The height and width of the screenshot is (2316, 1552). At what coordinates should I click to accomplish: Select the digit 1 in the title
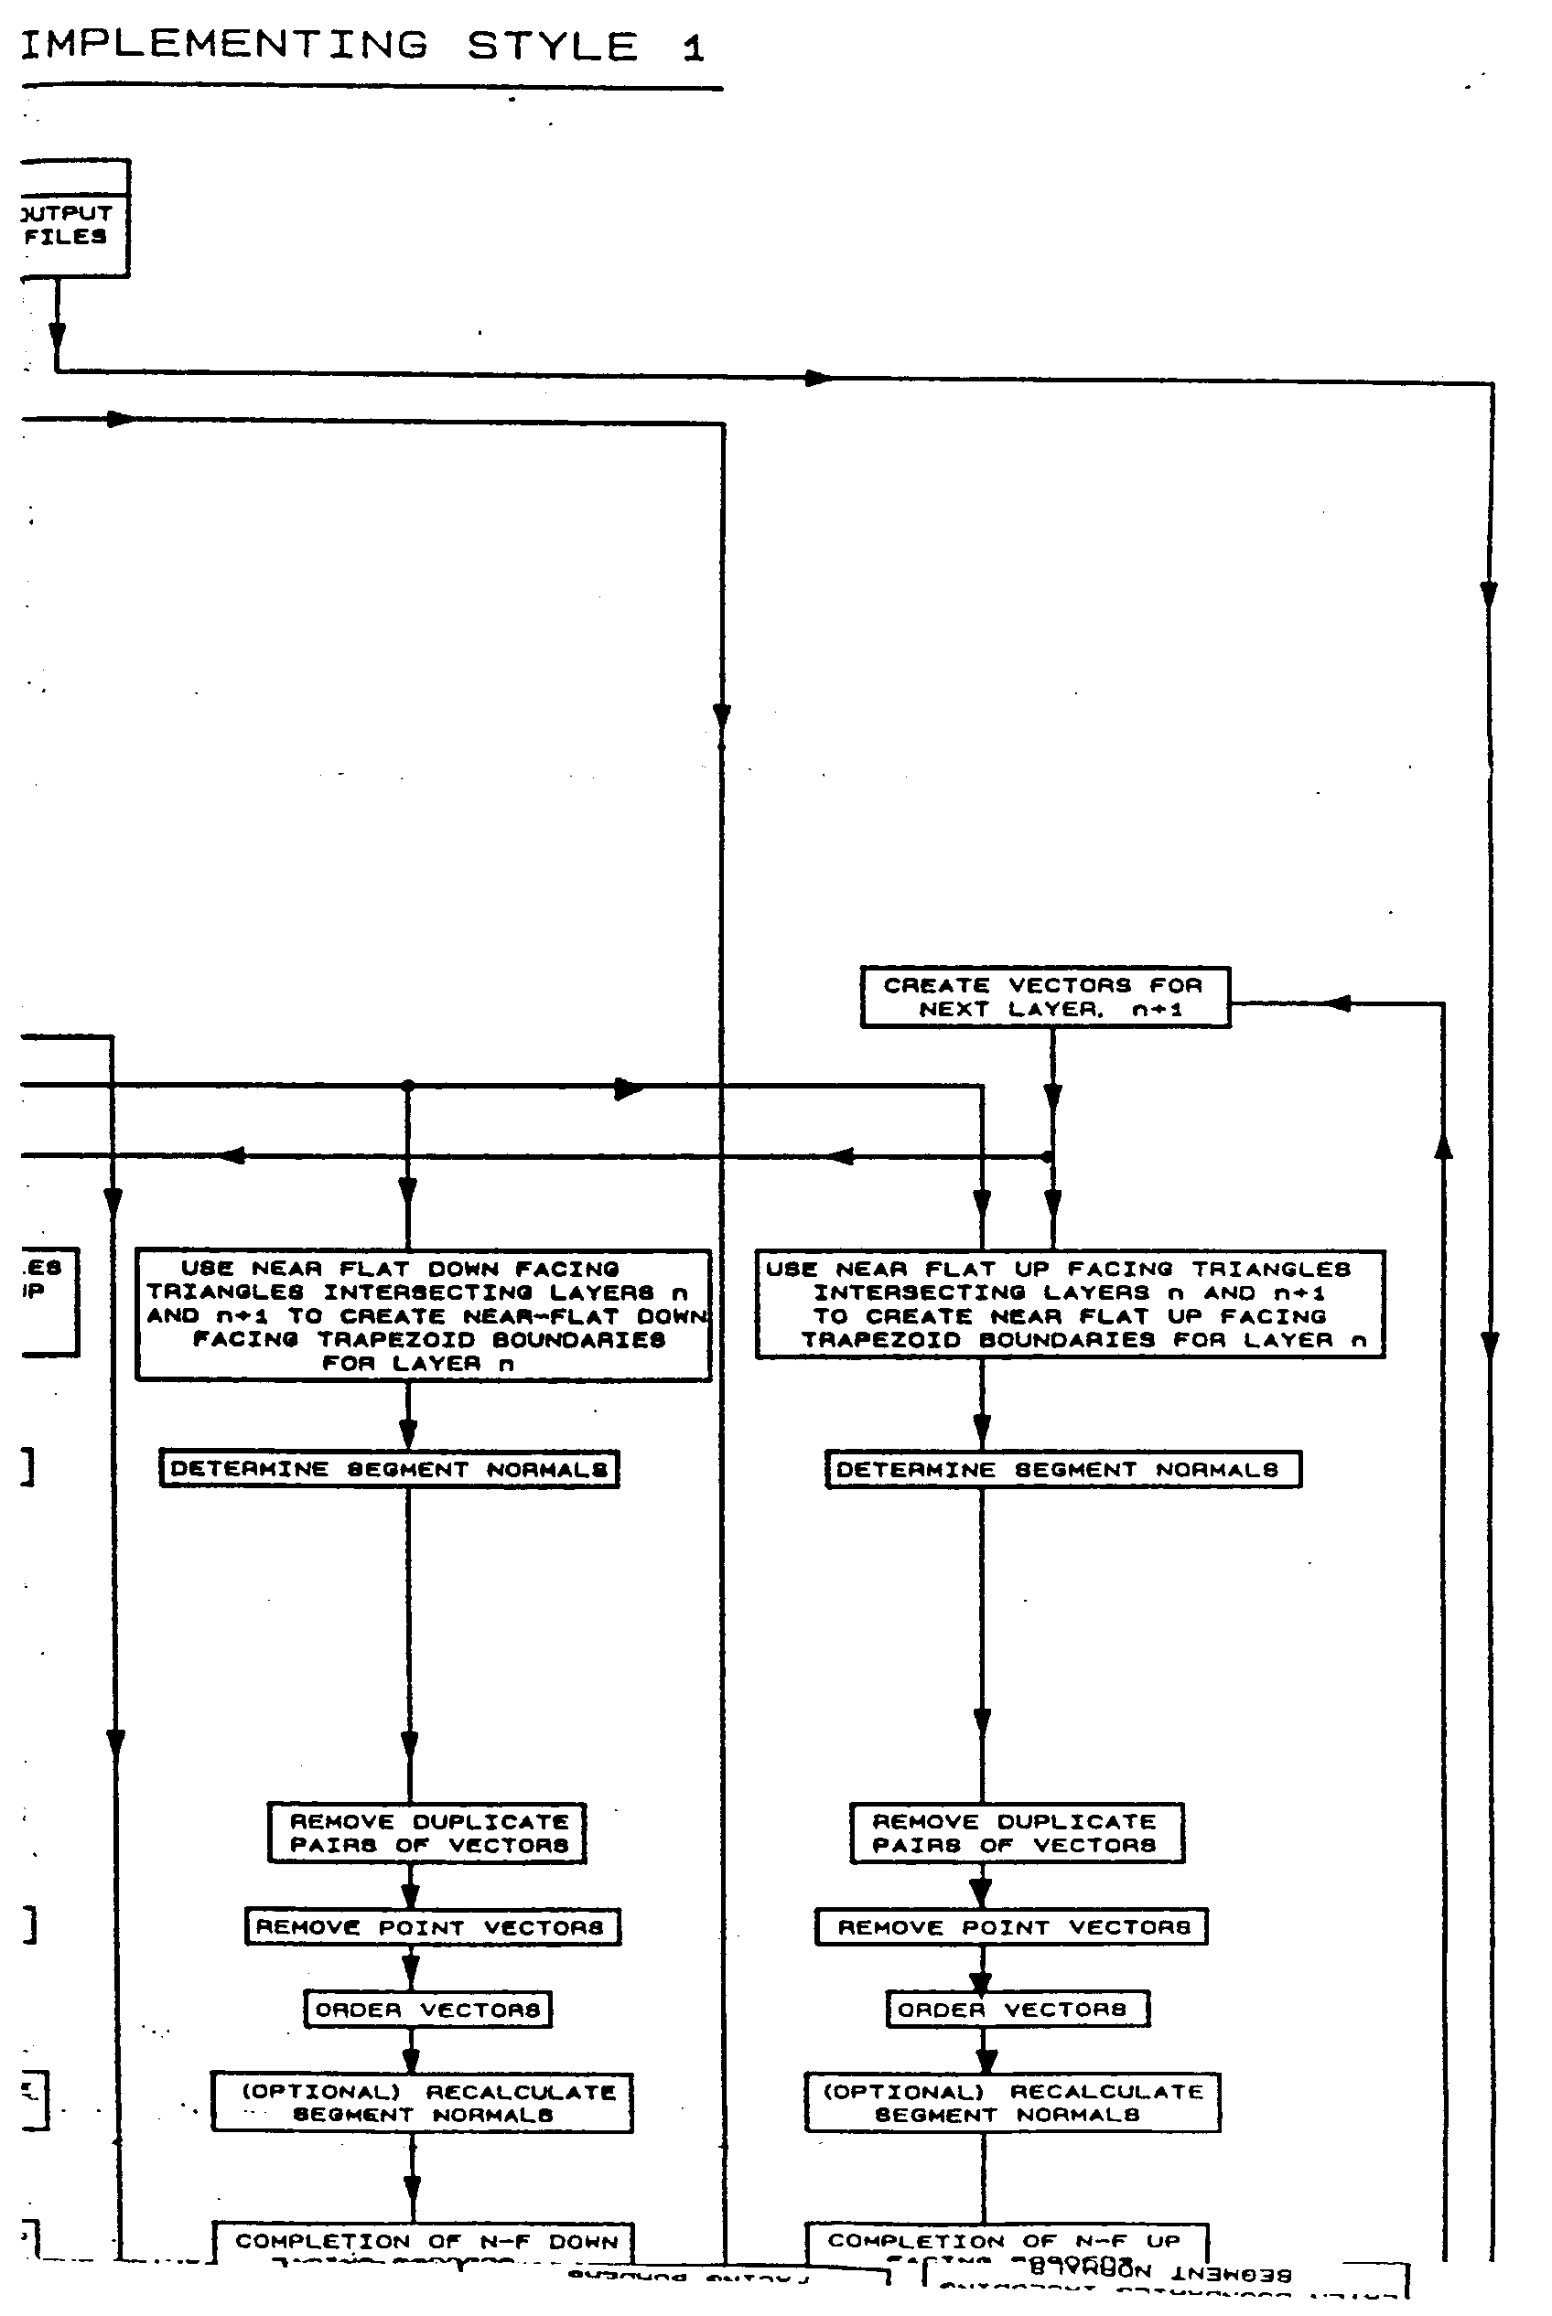point(693,48)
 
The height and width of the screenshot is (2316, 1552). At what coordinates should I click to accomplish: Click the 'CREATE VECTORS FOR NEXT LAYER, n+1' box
point(1044,997)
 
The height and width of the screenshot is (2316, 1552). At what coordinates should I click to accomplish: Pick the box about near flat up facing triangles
point(1070,1304)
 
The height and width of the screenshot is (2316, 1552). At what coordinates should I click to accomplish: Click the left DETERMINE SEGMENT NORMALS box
point(389,1469)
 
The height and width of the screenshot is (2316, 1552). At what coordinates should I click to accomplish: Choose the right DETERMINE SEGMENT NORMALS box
point(1063,1469)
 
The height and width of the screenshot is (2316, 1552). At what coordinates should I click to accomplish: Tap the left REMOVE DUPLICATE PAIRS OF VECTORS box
point(426,1833)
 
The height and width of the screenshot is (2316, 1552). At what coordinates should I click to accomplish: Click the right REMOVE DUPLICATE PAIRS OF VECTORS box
point(1017,1833)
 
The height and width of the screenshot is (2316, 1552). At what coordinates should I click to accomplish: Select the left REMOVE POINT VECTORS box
point(433,1927)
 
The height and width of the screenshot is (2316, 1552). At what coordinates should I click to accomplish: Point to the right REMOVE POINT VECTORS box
point(1010,1927)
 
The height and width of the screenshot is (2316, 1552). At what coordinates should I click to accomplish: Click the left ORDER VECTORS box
point(427,2010)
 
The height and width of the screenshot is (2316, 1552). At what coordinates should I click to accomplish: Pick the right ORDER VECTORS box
point(1017,2010)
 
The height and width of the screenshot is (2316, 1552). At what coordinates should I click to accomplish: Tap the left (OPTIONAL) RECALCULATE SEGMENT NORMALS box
point(422,2103)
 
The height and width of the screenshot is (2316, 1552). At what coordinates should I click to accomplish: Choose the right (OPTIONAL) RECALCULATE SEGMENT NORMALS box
point(1011,2103)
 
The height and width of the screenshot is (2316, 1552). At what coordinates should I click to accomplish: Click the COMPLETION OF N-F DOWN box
point(424,2244)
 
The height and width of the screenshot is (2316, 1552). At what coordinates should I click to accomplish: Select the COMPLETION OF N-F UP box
point(1006,2244)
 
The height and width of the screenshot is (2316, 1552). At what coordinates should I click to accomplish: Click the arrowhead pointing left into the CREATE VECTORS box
point(1337,1003)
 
